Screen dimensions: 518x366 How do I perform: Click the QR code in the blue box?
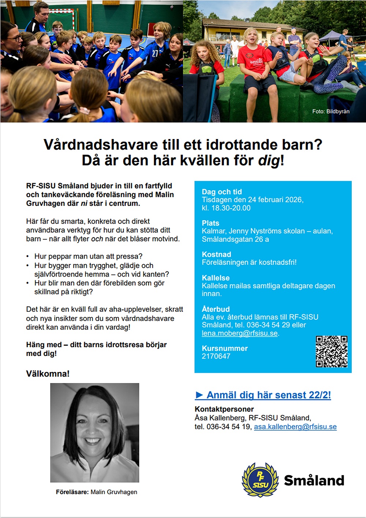(x=332, y=351)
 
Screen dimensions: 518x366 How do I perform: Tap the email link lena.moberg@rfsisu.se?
(x=240, y=333)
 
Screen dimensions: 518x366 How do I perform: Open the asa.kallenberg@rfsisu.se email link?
(x=295, y=427)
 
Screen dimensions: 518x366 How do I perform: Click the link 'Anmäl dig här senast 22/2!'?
(x=264, y=395)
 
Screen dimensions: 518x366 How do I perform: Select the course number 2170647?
(x=216, y=356)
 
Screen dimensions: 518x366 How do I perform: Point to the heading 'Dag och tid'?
(x=222, y=192)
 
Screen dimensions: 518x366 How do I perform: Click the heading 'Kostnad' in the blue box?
(x=216, y=254)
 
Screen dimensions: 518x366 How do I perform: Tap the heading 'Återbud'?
(x=216, y=309)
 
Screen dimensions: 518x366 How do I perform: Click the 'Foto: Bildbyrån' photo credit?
(x=331, y=111)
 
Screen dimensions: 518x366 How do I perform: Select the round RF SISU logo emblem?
(x=260, y=480)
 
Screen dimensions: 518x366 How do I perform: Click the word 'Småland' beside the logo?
(x=314, y=480)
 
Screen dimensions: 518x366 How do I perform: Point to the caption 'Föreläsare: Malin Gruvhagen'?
(x=97, y=492)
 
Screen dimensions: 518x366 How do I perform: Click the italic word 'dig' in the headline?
(x=269, y=161)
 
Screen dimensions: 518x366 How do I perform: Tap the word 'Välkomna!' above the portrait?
(x=48, y=374)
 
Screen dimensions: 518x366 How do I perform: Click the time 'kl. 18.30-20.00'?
(x=226, y=208)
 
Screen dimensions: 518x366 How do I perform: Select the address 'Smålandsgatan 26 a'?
(x=235, y=239)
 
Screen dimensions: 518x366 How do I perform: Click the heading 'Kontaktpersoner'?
(x=224, y=409)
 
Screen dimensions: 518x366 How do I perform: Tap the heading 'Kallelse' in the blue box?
(x=216, y=278)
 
